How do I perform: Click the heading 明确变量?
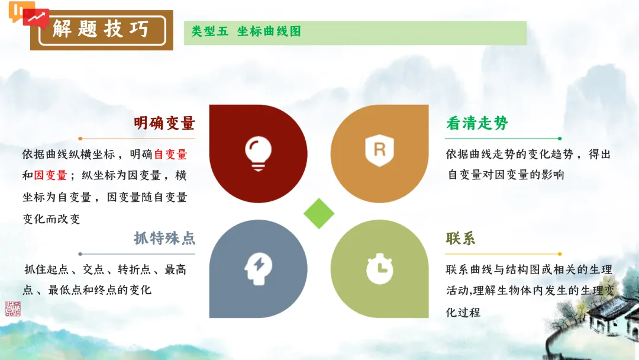[x=164, y=123]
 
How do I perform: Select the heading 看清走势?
[x=477, y=123]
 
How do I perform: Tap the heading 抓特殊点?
[x=164, y=239]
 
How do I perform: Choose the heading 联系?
[x=461, y=239]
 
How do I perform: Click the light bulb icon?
[x=258, y=153]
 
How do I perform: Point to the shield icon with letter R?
[x=379, y=150]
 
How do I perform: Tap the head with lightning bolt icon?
[x=259, y=268]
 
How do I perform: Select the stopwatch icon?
[x=379, y=269]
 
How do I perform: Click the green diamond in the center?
[x=319, y=213]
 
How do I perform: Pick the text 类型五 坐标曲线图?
[x=246, y=31]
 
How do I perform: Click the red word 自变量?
[x=170, y=155]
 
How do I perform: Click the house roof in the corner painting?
[x=609, y=314]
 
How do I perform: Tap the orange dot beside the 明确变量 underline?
[x=80, y=139]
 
